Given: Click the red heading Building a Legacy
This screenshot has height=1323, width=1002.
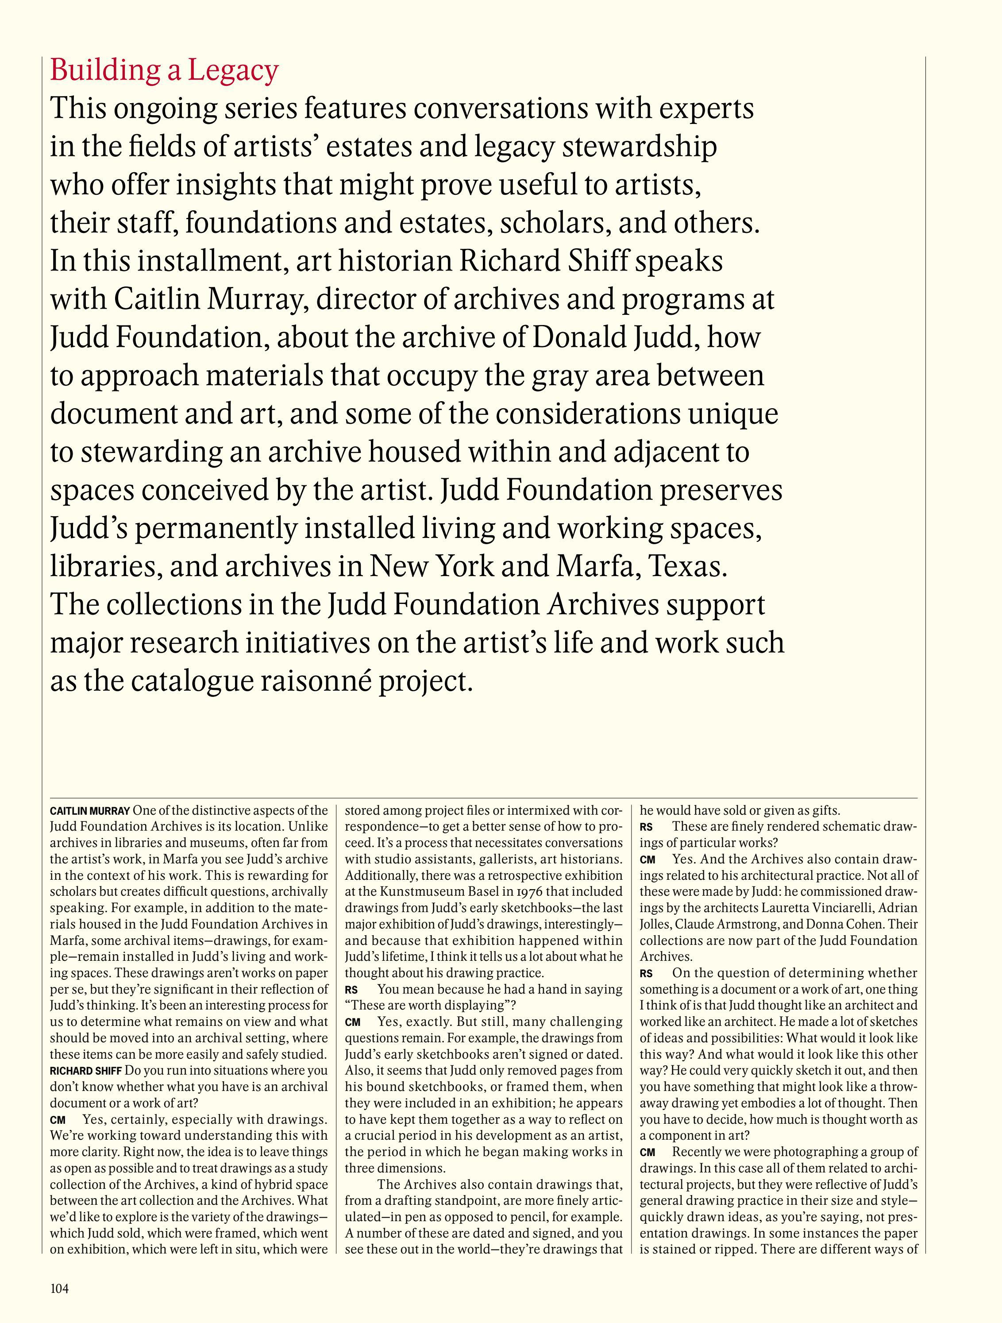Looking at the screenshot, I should pos(164,70).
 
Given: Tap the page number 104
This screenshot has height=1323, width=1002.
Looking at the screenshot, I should pos(59,1284).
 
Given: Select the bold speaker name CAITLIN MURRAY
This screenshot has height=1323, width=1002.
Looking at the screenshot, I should pos(90,812).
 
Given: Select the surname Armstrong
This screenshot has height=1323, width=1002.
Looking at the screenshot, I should pos(759,925).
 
